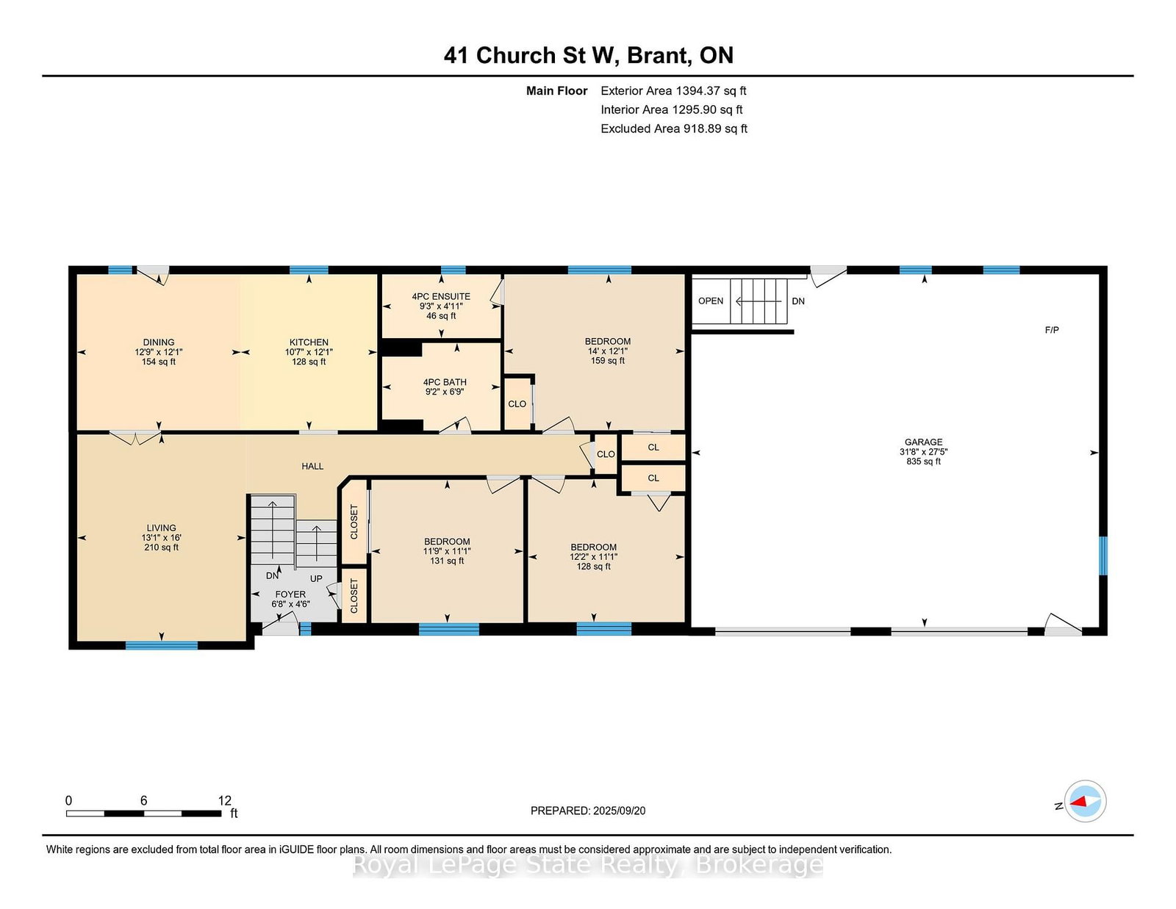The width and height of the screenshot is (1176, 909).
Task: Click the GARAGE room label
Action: [x=923, y=442]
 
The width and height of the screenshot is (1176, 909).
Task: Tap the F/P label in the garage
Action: [x=1052, y=329]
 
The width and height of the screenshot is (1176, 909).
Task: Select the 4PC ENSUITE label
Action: [x=440, y=296]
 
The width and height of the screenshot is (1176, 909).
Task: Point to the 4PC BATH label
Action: [x=445, y=382]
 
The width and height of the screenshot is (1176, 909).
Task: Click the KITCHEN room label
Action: [x=309, y=342]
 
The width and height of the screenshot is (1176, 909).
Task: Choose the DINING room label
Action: [x=159, y=342]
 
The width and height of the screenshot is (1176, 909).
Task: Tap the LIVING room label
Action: [x=161, y=528]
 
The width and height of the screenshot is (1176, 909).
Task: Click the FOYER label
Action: [x=290, y=594]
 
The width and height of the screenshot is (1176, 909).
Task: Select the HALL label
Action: [x=312, y=466]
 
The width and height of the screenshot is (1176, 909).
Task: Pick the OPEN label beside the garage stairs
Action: [x=711, y=301]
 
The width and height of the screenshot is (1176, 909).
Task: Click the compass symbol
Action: [x=1085, y=801]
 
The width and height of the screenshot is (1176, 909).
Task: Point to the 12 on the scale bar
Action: [x=225, y=800]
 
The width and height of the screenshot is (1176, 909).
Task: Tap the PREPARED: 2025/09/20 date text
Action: [x=588, y=811]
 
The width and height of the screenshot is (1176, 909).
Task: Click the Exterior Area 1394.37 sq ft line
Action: [x=673, y=91]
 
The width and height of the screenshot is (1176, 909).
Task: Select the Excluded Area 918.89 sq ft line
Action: [x=674, y=129]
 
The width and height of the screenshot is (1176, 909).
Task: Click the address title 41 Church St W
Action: [x=531, y=55]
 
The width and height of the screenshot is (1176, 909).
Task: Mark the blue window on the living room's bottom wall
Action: [x=161, y=645]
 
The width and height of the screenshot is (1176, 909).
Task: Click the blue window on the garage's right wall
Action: [x=1103, y=555]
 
